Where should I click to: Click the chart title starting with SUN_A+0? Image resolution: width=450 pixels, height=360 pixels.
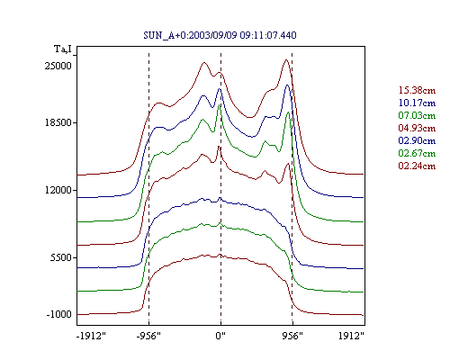(x=220, y=35)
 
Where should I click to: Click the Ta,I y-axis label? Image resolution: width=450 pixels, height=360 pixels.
(x=63, y=49)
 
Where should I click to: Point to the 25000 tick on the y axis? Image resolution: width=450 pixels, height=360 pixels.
(x=58, y=66)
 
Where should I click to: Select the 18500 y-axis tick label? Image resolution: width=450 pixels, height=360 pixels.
(x=58, y=122)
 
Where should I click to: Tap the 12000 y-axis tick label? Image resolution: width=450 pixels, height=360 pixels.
(x=58, y=190)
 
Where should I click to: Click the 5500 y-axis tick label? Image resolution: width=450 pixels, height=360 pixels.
(x=61, y=257)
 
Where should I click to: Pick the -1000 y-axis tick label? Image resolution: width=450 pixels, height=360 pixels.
(x=59, y=314)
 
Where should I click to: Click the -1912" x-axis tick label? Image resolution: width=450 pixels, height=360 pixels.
(x=92, y=336)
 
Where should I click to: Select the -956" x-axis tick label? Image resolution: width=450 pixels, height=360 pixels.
(x=148, y=336)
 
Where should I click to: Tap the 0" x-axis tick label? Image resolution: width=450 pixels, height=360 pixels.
(x=220, y=336)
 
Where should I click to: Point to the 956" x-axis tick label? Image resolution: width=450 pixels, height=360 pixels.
(x=292, y=336)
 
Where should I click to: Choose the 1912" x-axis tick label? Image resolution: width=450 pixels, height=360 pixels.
(x=351, y=336)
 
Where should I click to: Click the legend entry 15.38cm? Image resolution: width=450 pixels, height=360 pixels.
(x=417, y=90)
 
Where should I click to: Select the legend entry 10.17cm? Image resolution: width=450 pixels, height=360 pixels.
(x=417, y=103)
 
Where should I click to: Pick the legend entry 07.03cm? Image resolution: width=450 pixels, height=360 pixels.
(x=417, y=115)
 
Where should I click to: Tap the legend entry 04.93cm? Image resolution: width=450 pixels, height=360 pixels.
(x=417, y=128)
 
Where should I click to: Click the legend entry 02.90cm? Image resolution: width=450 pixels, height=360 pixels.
(x=417, y=140)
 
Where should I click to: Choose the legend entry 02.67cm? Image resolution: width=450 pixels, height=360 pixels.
(x=417, y=153)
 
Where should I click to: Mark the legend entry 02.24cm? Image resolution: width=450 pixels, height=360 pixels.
(x=417, y=166)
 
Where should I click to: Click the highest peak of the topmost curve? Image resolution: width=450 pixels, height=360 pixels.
(x=286, y=59)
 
